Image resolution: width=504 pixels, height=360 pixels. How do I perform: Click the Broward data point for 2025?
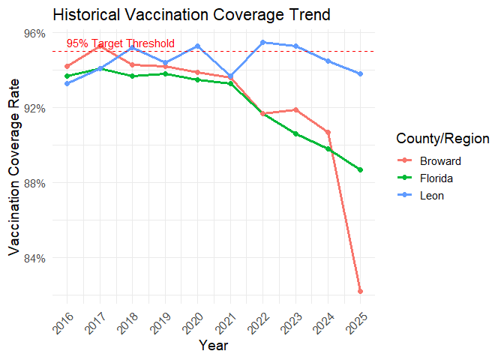click(x=361, y=291)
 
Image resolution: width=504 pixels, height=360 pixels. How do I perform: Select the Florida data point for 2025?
click(x=361, y=169)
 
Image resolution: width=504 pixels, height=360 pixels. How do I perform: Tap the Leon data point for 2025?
click(x=361, y=73)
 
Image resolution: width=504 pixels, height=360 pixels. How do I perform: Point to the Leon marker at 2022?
click(x=262, y=42)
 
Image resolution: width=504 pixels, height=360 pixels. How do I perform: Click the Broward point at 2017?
click(x=100, y=46)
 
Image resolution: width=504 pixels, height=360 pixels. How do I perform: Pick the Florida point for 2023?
click(x=295, y=133)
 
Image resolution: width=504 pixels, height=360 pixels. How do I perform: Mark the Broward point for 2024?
click(x=328, y=132)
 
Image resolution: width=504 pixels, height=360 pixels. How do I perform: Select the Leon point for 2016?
click(x=67, y=83)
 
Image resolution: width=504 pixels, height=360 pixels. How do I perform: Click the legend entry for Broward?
click(x=435, y=160)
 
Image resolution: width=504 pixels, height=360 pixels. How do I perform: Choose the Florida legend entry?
click(x=433, y=178)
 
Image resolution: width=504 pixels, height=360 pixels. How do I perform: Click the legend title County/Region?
click(x=442, y=138)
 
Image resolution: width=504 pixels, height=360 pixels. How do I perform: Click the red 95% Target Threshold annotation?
click(x=120, y=43)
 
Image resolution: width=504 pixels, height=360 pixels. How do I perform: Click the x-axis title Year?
click(x=214, y=346)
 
